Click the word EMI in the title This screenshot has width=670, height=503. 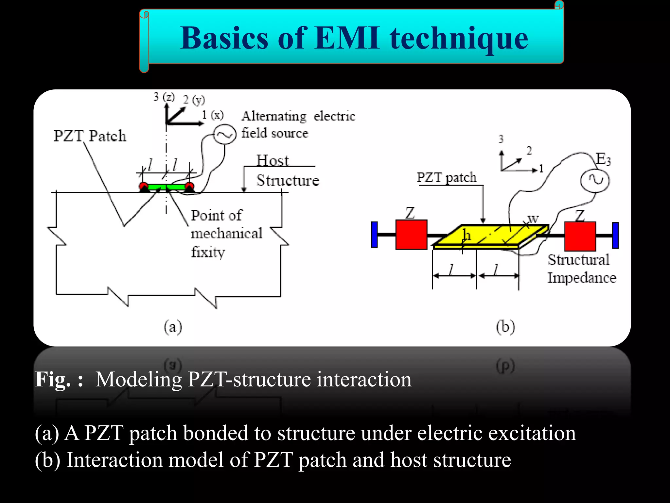click(347, 38)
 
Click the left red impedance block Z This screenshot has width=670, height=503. click(411, 234)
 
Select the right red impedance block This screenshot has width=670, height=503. click(580, 236)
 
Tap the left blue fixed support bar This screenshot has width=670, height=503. click(375, 234)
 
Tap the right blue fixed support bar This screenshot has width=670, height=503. click(615, 235)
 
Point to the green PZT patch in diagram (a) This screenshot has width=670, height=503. click(166, 187)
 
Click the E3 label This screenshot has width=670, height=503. click(603, 159)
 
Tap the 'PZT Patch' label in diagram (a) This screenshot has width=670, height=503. click(90, 136)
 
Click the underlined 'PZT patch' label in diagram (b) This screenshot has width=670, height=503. click(447, 177)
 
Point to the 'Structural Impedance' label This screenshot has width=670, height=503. click(581, 269)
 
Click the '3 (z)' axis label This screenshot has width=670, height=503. click(164, 97)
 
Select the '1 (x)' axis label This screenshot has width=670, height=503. click(213, 115)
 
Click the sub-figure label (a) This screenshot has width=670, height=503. click(173, 327)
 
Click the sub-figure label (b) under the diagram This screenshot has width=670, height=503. click(505, 327)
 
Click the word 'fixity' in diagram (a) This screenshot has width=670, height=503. click(208, 252)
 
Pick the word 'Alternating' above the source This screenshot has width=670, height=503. click(274, 116)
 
